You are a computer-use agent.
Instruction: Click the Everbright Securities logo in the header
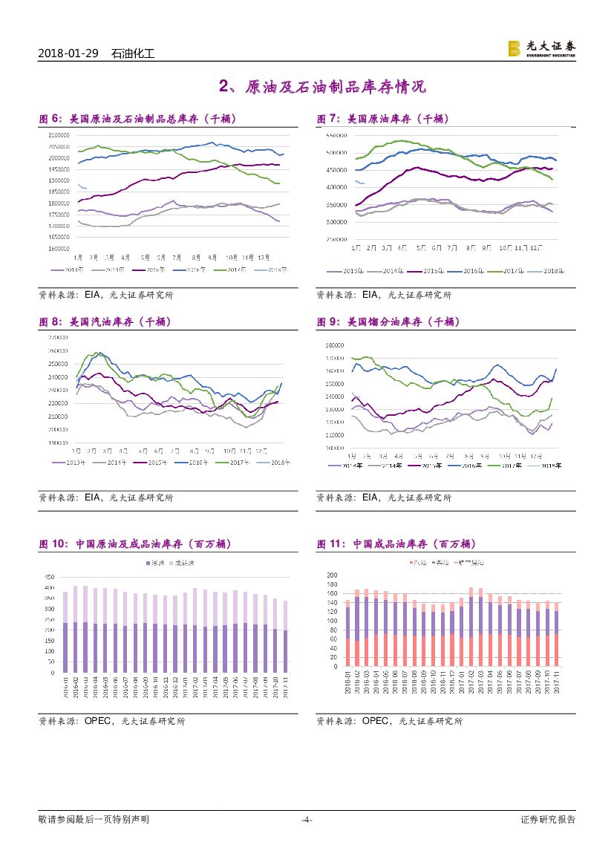(x=540, y=48)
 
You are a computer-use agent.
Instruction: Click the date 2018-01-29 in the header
(x=68, y=54)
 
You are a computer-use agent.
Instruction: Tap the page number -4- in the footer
(x=307, y=820)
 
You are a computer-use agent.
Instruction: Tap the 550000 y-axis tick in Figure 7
(x=338, y=136)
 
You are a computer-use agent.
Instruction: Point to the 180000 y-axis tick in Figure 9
(x=336, y=345)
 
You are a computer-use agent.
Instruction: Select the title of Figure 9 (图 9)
(x=388, y=322)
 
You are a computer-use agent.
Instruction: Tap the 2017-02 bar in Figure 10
(x=195, y=630)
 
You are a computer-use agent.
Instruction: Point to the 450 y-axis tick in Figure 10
(x=50, y=577)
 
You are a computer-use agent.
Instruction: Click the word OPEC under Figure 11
(x=376, y=720)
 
